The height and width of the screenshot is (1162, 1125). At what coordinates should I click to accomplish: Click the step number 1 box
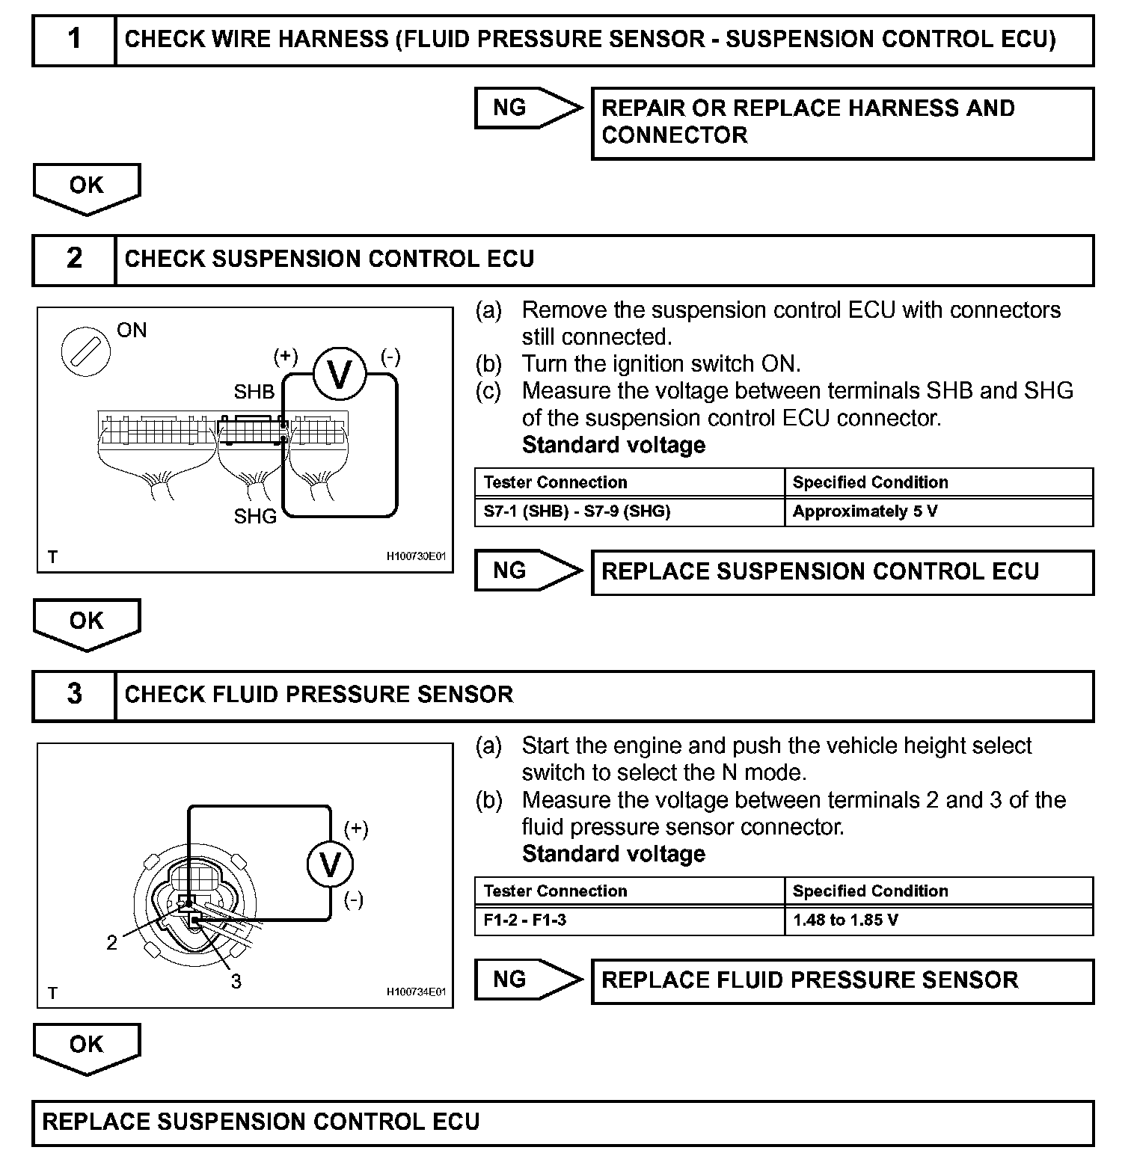click(x=74, y=39)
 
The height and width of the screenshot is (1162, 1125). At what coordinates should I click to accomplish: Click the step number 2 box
click(x=74, y=259)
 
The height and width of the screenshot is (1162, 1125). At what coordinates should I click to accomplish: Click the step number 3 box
click(x=74, y=694)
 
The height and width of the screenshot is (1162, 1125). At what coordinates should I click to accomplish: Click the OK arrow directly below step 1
click(x=87, y=187)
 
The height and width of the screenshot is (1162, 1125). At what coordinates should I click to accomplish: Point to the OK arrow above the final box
click(x=87, y=1045)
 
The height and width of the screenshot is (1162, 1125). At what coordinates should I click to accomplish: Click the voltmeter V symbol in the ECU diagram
click(x=340, y=375)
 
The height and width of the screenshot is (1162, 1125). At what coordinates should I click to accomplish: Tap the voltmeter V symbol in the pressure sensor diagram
click(x=330, y=865)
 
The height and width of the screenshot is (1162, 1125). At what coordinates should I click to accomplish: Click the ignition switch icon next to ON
click(x=82, y=351)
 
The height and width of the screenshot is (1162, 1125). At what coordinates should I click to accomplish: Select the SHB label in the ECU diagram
click(x=254, y=392)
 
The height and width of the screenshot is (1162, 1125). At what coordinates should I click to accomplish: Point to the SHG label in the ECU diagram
click(x=255, y=516)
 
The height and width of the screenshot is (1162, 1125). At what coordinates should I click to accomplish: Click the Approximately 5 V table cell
click(x=939, y=511)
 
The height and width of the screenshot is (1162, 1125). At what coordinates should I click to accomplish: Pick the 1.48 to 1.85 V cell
click(x=939, y=920)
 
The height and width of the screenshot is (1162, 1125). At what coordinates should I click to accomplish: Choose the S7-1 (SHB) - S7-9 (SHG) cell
click(x=629, y=511)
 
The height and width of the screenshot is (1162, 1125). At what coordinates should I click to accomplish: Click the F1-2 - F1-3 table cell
click(x=629, y=920)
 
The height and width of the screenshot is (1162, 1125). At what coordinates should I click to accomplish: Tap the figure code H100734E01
click(x=416, y=992)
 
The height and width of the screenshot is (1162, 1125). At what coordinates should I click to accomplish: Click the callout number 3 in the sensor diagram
click(x=236, y=981)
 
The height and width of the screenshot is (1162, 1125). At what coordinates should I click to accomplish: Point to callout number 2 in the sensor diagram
click(x=112, y=943)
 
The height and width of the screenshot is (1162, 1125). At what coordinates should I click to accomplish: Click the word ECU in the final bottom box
click(x=456, y=1122)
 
